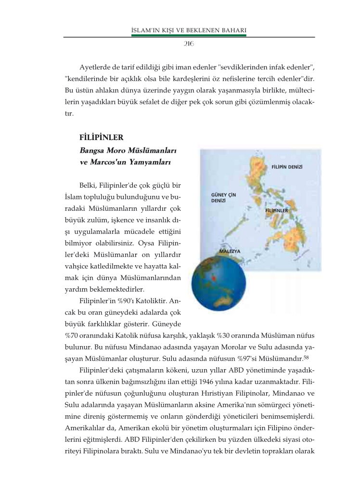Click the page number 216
tap(189, 44)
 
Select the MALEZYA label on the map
tap(229, 251)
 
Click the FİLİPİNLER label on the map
tap(276, 210)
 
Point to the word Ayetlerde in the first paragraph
tap(96, 66)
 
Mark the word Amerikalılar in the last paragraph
tap(85, 427)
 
